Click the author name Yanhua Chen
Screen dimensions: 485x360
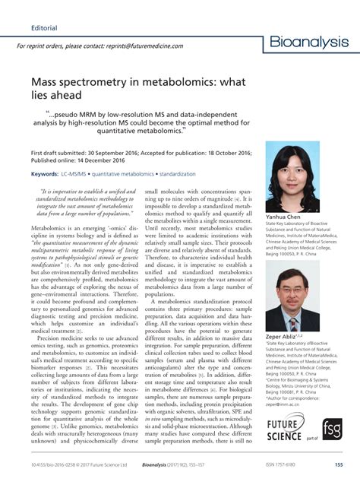[283, 217]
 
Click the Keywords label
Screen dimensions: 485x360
[45, 173]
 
